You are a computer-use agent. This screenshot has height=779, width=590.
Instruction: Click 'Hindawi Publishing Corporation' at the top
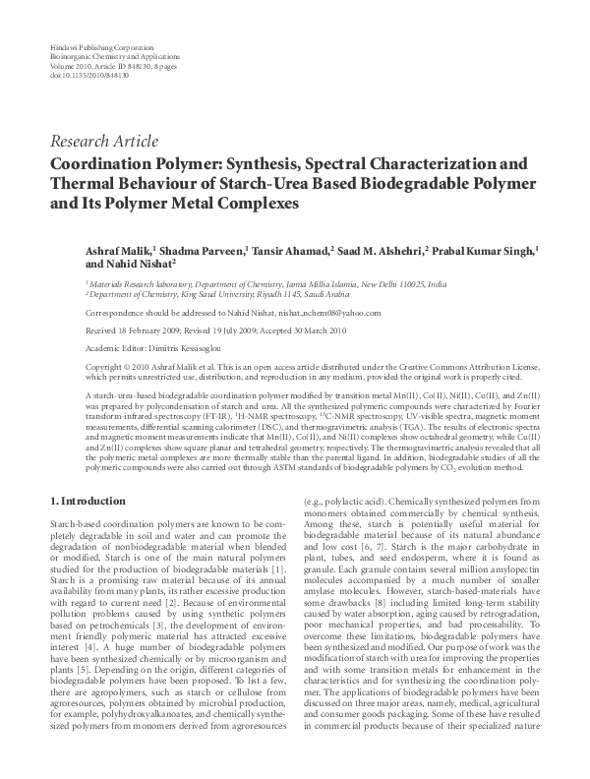(x=100, y=47)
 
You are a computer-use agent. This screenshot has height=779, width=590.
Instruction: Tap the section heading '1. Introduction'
(x=87, y=501)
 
